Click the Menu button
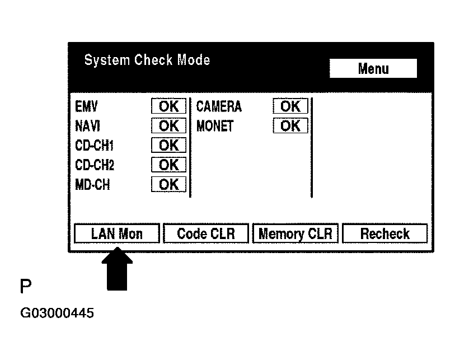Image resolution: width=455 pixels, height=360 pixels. click(x=373, y=69)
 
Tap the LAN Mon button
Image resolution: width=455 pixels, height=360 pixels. click(x=117, y=233)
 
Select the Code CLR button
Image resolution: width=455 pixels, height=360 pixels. click(x=205, y=233)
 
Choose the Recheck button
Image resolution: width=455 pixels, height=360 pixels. click(x=384, y=233)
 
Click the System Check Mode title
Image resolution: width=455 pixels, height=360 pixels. click(x=147, y=60)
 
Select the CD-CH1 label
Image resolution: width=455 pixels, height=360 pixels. click(x=94, y=146)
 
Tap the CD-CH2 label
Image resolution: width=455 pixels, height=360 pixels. click(x=94, y=165)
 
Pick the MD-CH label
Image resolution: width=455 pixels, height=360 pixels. click(x=92, y=185)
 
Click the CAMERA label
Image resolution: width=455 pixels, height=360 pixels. click(x=219, y=106)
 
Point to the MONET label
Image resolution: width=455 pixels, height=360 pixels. click(x=215, y=126)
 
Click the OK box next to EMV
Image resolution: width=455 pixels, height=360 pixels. click(x=168, y=106)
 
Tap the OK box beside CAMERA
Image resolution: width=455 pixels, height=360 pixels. click(x=290, y=106)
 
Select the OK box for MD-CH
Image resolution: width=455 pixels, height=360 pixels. click(x=168, y=185)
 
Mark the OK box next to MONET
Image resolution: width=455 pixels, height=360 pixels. click(x=290, y=126)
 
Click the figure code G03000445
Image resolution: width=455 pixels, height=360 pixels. click(x=57, y=313)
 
